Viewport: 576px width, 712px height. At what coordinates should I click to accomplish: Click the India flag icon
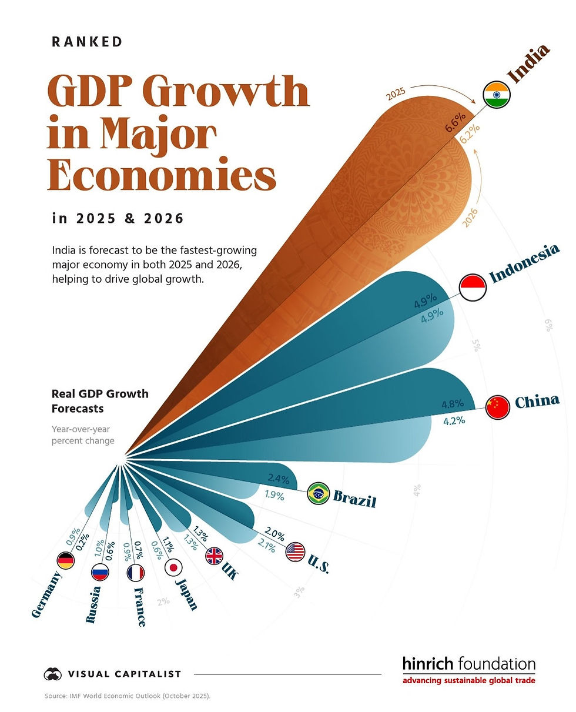click(x=496, y=95)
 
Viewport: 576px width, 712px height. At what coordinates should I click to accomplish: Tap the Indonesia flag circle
click(x=473, y=288)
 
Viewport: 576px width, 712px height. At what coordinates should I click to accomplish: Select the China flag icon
click(x=498, y=407)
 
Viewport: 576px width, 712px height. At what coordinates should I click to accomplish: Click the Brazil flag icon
click(x=319, y=494)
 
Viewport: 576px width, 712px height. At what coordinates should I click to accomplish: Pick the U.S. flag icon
click(x=295, y=551)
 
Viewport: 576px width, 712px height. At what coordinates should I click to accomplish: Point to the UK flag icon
click(x=214, y=556)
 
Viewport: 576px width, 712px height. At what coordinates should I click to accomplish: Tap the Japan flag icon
click(x=173, y=567)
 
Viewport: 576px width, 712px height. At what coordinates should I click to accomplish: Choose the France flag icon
click(x=136, y=572)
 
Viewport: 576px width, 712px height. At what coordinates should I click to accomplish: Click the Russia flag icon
click(x=100, y=572)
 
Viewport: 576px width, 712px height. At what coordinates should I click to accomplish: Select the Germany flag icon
click(x=65, y=561)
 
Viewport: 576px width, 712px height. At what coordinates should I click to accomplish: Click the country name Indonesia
click(x=524, y=263)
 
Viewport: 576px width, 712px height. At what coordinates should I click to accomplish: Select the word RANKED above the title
click(x=87, y=42)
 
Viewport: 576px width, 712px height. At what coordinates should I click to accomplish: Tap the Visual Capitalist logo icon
click(x=53, y=674)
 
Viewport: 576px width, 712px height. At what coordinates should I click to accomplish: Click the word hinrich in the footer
click(x=428, y=664)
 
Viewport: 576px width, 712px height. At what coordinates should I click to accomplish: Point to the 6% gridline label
click(x=547, y=325)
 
